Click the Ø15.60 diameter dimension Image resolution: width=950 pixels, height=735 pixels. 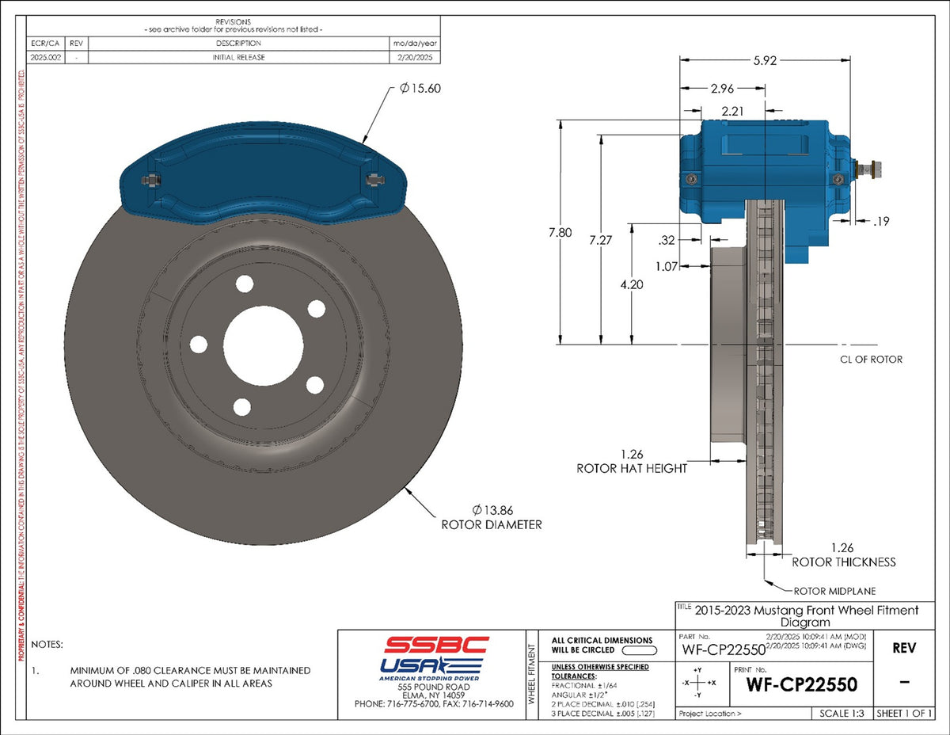click(x=420, y=89)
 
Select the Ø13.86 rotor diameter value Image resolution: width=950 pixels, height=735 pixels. click(x=495, y=509)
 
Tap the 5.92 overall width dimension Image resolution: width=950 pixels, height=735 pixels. click(x=765, y=60)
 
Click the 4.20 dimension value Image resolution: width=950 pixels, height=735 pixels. click(x=631, y=284)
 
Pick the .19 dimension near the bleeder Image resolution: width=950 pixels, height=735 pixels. click(x=880, y=223)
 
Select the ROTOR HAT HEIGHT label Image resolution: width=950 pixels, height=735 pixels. click(x=632, y=468)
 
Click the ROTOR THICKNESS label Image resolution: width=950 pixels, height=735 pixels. click(x=844, y=562)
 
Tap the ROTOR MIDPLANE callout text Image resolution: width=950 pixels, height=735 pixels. click(x=834, y=591)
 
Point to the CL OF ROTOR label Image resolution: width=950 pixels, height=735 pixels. click(x=871, y=360)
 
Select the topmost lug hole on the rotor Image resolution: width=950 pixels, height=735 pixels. click(x=244, y=284)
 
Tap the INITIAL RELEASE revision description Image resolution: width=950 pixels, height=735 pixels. click(x=238, y=57)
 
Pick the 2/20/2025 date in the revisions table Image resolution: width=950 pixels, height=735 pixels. click(x=414, y=57)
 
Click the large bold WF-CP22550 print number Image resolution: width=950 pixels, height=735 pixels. click(x=801, y=684)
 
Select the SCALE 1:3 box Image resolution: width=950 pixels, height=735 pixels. click(x=842, y=714)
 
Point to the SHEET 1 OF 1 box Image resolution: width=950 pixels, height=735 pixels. click(x=903, y=714)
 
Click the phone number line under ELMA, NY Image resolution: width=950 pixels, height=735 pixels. click(x=434, y=703)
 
